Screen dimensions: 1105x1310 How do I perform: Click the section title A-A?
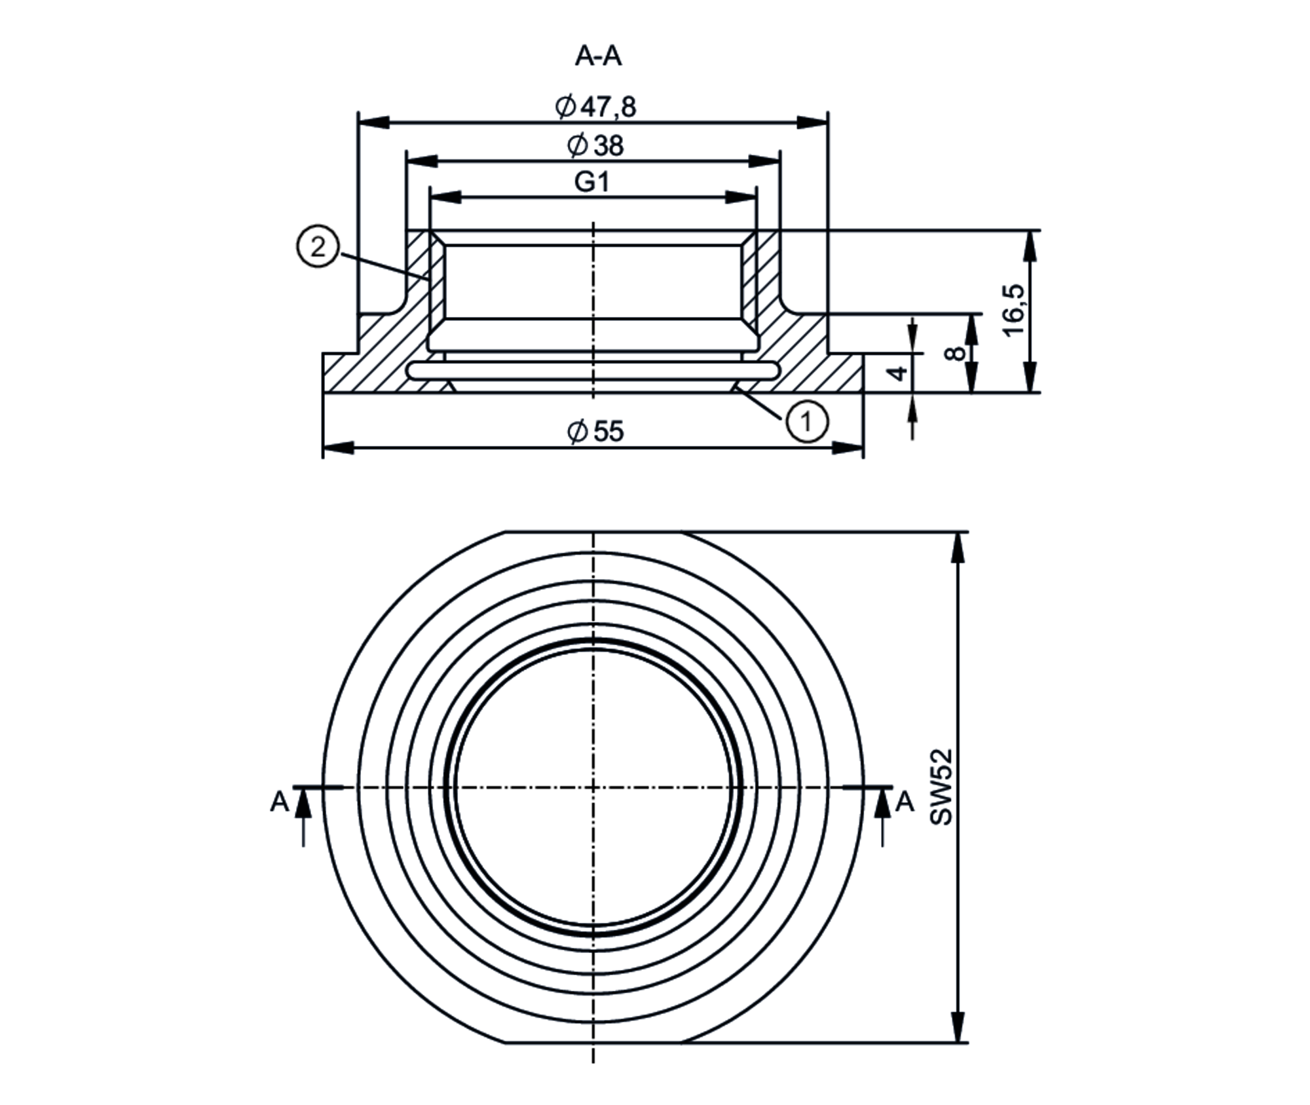pos(597,56)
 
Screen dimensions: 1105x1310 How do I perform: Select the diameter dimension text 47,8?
pos(595,107)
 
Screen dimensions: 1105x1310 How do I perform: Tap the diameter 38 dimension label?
pos(595,145)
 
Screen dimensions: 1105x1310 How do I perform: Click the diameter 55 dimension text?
pos(595,431)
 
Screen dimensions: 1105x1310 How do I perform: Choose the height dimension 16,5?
pos(1013,310)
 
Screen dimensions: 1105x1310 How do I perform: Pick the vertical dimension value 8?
pos(956,353)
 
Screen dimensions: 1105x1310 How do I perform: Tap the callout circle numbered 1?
pos(807,421)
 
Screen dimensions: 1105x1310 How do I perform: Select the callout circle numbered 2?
pos(318,247)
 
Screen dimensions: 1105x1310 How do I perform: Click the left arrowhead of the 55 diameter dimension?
pos(338,448)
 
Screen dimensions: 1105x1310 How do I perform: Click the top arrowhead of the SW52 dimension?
pos(958,547)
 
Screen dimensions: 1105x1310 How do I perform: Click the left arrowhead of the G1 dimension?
pos(445,197)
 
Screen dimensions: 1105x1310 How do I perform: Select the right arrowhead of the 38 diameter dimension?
pos(764,161)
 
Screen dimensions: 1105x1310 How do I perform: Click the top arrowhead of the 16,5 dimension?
pos(1031,246)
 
